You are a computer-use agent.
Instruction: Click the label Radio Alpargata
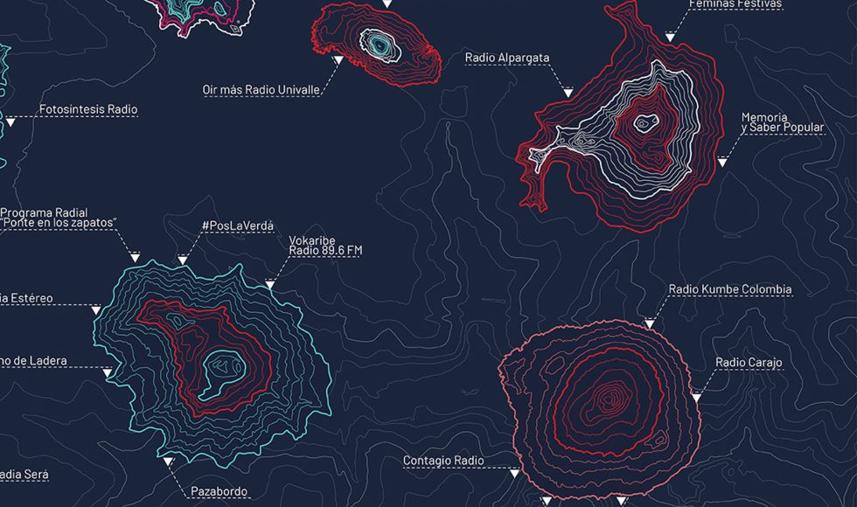(x=507, y=58)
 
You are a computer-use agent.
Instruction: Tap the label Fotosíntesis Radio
(x=88, y=109)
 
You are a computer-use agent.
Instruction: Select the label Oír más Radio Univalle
(x=260, y=89)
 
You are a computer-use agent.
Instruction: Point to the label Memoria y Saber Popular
(x=782, y=122)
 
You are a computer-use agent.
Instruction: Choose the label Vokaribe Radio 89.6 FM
(x=325, y=245)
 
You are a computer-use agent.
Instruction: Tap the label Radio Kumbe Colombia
(x=729, y=289)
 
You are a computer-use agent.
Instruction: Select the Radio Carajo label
(x=749, y=362)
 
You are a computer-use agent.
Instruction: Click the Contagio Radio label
(x=442, y=460)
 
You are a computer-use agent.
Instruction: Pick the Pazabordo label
(x=219, y=491)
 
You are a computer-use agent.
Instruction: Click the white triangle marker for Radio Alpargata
(x=568, y=92)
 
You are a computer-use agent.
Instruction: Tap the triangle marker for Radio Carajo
(x=697, y=398)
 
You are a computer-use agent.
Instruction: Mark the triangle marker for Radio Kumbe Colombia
(x=649, y=324)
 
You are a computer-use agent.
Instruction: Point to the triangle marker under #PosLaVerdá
(x=183, y=260)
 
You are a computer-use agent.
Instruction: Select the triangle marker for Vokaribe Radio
(x=270, y=284)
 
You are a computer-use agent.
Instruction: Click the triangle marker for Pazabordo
(x=168, y=460)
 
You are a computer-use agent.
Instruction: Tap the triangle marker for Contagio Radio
(x=514, y=473)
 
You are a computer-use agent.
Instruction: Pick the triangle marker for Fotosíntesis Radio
(x=10, y=123)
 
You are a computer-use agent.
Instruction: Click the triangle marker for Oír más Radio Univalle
(x=338, y=60)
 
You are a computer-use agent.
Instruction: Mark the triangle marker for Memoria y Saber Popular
(x=722, y=162)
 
